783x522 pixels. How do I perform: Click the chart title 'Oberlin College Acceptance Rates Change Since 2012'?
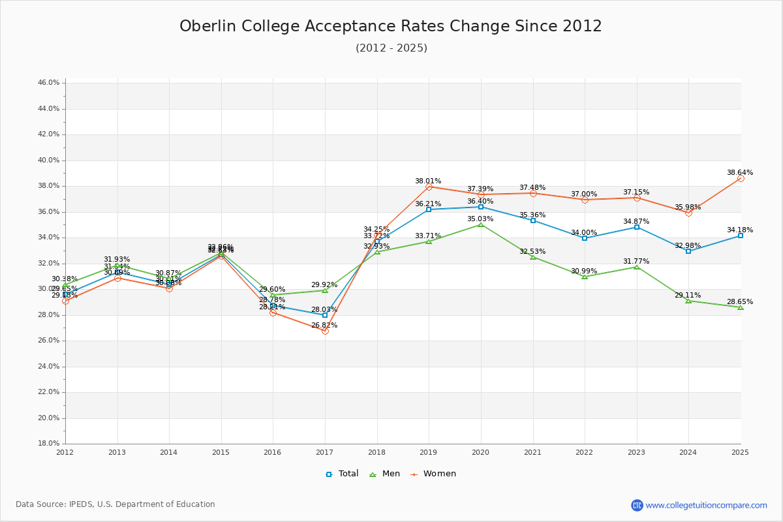[x=391, y=27]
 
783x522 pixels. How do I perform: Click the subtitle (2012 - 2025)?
[x=391, y=48]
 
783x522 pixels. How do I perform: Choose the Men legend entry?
[x=385, y=474]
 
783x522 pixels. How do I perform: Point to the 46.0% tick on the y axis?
[x=49, y=83]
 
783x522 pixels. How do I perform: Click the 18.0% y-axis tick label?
[x=49, y=444]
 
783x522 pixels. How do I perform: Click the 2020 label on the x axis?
[x=481, y=452]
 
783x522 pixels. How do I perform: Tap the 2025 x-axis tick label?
[x=740, y=452]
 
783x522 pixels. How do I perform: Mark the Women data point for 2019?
[x=429, y=187]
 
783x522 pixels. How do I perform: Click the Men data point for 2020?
[x=481, y=224]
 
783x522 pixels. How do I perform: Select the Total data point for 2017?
[x=325, y=315]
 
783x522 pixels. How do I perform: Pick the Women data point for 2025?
[x=741, y=178]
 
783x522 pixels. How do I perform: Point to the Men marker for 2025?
[x=741, y=307]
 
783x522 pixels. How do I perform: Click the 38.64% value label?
[x=740, y=173]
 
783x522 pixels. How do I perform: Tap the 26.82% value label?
[x=324, y=326]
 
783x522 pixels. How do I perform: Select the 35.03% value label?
[x=480, y=219]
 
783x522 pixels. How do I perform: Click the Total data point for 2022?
[x=585, y=238]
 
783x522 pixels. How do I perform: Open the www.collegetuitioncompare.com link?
[x=706, y=505]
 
